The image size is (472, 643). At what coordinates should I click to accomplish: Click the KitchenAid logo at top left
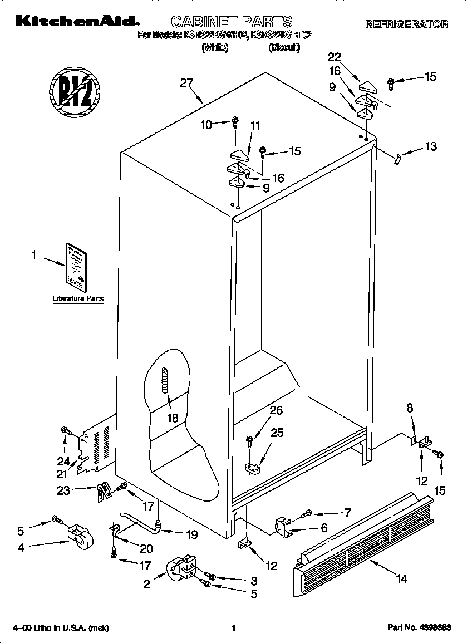pyautogui.click(x=75, y=22)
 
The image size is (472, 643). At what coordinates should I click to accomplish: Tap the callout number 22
pyautogui.click(x=334, y=57)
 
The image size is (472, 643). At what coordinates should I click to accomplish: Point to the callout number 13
pyautogui.click(x=431, y=146)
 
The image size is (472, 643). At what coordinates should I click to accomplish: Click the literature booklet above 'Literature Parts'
pyautogui.click(x=74, y=267)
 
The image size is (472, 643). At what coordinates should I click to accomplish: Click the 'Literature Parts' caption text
pyautogui.click(x=78, y=299)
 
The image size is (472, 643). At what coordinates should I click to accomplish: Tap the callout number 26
pyautogui.click(x=276, y=411)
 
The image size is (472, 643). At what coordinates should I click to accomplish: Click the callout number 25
pyautogui.click(x=277, y=432)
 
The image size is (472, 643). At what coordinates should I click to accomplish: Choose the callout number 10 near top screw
pyautogui.click(x=206, y=125)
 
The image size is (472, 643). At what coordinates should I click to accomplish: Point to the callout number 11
pyautogui.click(x=255, y=126)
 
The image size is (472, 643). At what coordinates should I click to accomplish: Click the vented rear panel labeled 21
pyautogui.click(x=97, y=445)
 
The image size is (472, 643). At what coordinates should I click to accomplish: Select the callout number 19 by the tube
pyautogui.click(x=191, y=534)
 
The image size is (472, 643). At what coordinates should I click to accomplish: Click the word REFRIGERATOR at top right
pyautogui.click(x=406, y=24)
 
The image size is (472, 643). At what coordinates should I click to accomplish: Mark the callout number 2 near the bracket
pyautogui.click(x=147, y=583)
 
